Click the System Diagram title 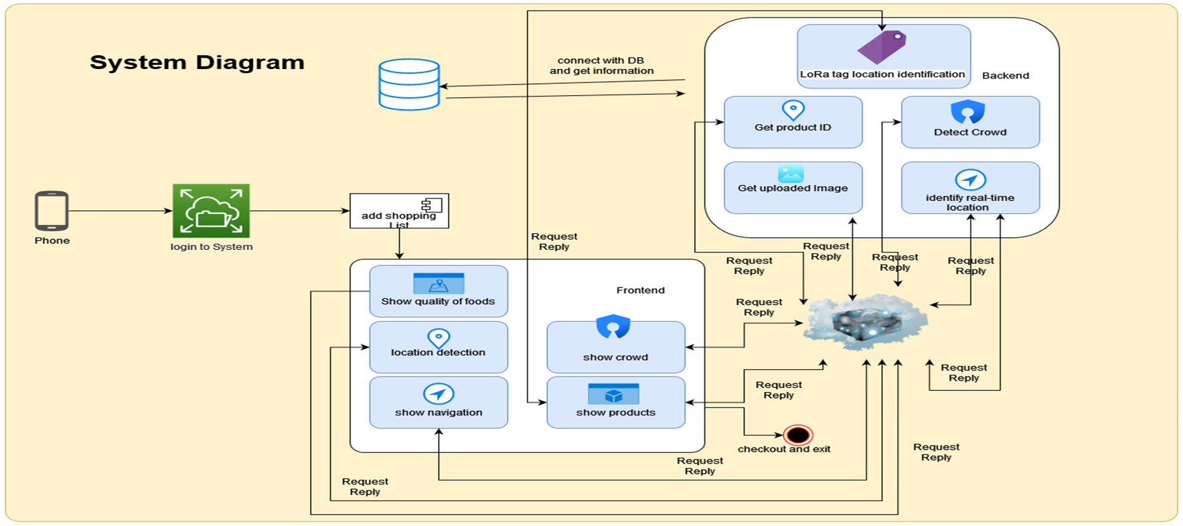point(197,62)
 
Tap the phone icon point(52,211)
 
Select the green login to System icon point(211,211)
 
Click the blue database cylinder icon point(409,84)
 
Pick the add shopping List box point(399,211)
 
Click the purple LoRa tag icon point(882,47)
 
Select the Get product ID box point(793,122)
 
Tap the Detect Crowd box point(970,122)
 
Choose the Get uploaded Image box point(793,188)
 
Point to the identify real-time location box point(970,188)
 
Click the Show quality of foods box point(439,291)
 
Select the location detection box point(439,347)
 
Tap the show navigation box point(439,403)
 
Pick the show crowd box point(616,347)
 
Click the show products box point(616,403)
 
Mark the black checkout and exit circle point(798,435)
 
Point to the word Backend point(1005,76)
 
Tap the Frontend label point(640,290)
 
